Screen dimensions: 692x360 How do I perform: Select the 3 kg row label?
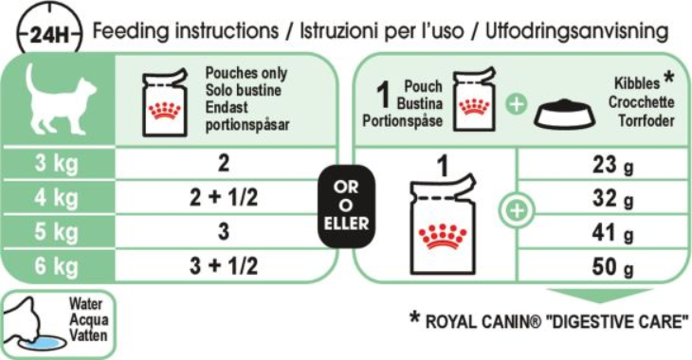point(57,163)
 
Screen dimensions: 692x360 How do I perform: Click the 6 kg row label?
point(57,266)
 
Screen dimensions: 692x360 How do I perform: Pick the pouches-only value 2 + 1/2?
point(224,197)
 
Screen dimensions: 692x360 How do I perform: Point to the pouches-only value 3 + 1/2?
point(224,266)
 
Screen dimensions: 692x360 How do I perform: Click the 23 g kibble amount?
point(612,165)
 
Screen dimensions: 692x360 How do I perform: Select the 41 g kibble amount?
point(612,232)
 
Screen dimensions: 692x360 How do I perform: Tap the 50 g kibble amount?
point(612,266)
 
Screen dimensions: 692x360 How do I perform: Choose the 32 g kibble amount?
point(612,199)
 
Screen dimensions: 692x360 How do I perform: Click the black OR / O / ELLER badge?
point(346,206)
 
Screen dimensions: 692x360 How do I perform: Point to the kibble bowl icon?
point(565,114)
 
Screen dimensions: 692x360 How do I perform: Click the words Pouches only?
point(246,73)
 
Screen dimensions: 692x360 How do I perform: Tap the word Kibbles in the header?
point(637,83)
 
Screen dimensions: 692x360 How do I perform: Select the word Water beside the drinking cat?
point(85,303)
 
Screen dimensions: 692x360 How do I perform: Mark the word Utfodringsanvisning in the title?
point(576,31)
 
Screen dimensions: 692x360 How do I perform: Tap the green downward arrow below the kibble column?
point(600,296)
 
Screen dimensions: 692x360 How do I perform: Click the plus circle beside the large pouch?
point(517,210)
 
